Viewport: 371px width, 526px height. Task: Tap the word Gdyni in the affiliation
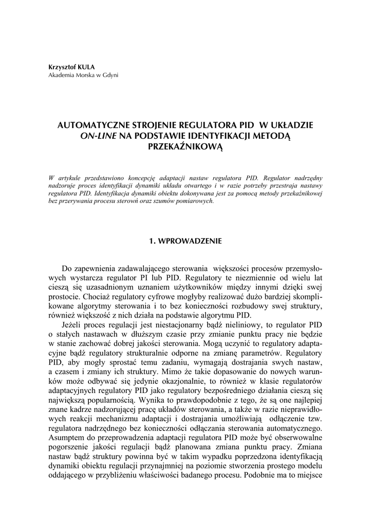109,75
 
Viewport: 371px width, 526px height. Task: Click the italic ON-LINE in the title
98,136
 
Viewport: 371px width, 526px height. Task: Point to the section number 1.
152,240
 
